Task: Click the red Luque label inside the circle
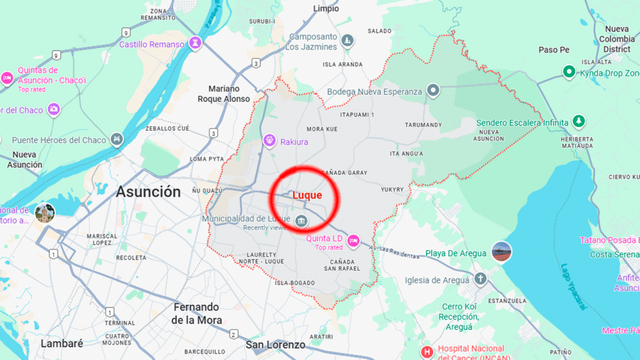coord(307,196)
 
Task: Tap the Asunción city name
coord(148,192)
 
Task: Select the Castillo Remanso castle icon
coord(197,44)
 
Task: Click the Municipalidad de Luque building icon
coord(301,220)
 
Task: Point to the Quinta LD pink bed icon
coord(353,239)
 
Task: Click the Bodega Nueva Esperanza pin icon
coord(433,91)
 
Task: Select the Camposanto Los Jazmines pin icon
coord(348,42)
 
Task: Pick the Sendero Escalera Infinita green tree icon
coord(579,121)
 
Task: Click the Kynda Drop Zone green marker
coord(569,72)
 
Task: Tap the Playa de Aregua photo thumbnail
coord(501,252)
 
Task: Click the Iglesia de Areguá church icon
coord(480,279)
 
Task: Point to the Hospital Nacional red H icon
coord(427,352)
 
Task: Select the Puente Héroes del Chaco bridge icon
coord(116,139)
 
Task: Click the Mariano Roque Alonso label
coord(224,94)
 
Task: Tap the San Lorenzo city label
coord(276,345)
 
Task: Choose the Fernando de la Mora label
coord(196,314)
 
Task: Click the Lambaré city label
coord(62,344)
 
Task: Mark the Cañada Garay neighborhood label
coord(343,172)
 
